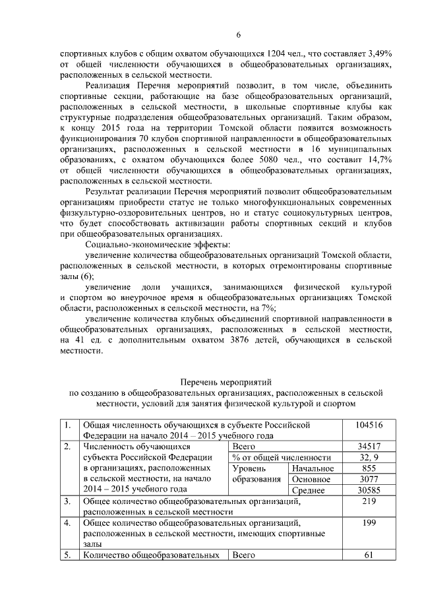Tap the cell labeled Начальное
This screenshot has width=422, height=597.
pos(312,468)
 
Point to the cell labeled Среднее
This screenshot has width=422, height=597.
pos(312,490)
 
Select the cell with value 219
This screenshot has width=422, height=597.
pos(369,501)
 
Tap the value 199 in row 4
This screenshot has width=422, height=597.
pos(369,523)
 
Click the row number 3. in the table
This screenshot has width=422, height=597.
pos(67,501)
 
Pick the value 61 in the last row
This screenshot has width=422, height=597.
pos(369,555)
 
